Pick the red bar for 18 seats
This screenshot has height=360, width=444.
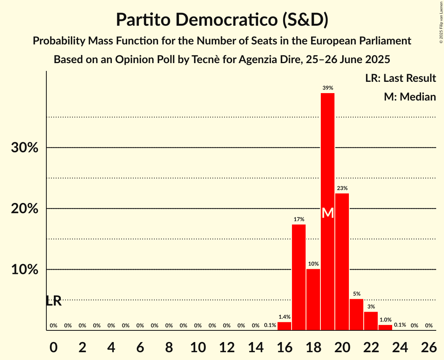[313, 300]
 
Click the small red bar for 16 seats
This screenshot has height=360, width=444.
[284, 326]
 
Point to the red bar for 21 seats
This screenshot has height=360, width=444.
[356, 315]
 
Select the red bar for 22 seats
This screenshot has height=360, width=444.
[371, 321]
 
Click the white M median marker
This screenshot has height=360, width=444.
[328, 213]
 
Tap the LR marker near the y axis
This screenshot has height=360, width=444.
[54, 301]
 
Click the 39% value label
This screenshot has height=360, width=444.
[327, 88]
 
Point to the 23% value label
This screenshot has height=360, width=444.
[342, 188]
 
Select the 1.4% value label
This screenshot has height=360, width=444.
[284, 317]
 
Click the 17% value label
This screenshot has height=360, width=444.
[299, 219]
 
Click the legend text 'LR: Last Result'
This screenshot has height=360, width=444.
[400, 78]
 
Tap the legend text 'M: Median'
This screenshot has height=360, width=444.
[410, 97]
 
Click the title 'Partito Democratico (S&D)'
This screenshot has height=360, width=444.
[222, 20]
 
